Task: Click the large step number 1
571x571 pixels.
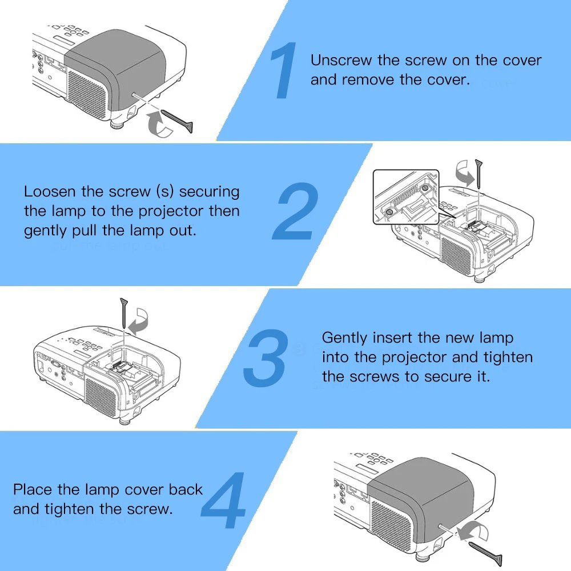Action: (x=284, y=71)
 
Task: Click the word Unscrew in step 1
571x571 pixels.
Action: (x=341, y=61)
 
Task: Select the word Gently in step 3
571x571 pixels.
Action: (x=344, y=337)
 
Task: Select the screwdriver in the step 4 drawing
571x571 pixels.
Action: (x=485, y=552)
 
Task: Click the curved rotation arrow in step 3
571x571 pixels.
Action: (x=139, y=323)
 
